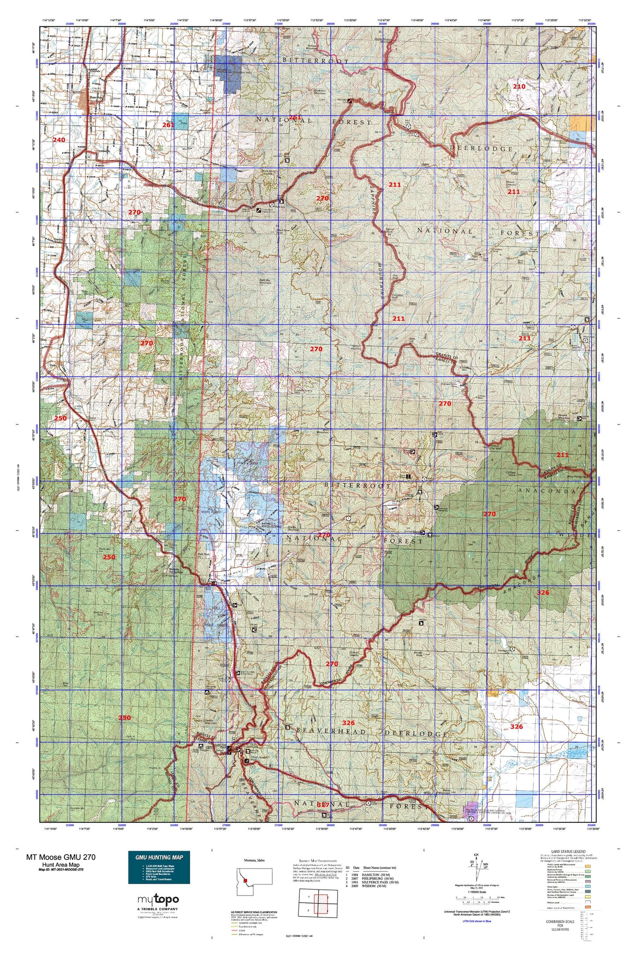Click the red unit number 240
[x=59, y=140]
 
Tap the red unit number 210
[x=519, y=87]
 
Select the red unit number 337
[x=323, y=805]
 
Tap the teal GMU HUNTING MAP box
[x=159, y=867]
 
